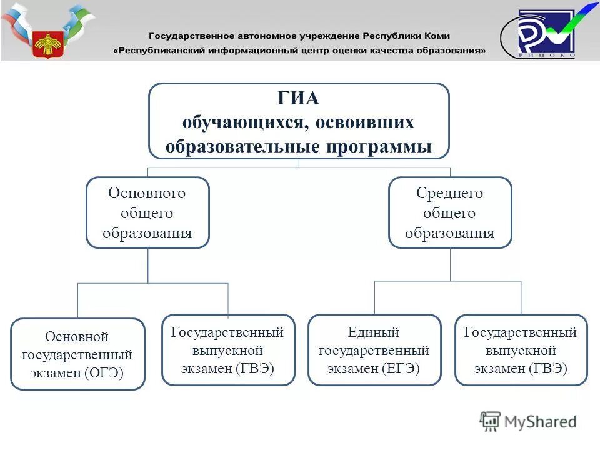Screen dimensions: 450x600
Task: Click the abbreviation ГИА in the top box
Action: [299, 99]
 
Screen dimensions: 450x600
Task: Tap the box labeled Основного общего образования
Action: [147, 213]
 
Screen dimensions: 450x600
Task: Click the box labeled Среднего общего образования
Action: [450, 213]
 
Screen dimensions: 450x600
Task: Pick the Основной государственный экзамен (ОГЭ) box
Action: [77, 354]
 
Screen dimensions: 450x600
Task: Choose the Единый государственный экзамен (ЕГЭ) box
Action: [374, 350]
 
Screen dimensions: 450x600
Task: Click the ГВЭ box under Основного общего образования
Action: [227, 350]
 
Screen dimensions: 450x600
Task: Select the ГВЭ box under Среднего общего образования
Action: [521, 350]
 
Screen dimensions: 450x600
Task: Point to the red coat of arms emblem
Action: [48, 44]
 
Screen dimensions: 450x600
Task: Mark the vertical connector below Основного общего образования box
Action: [148, 266]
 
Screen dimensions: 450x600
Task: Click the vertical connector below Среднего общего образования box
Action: [450, 264]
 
